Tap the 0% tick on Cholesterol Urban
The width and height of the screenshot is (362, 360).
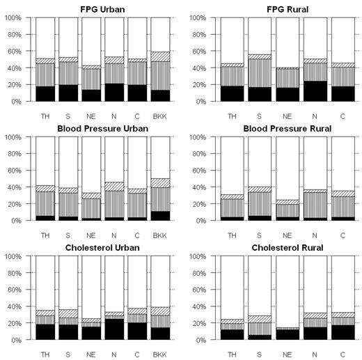(x=19, y=340)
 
